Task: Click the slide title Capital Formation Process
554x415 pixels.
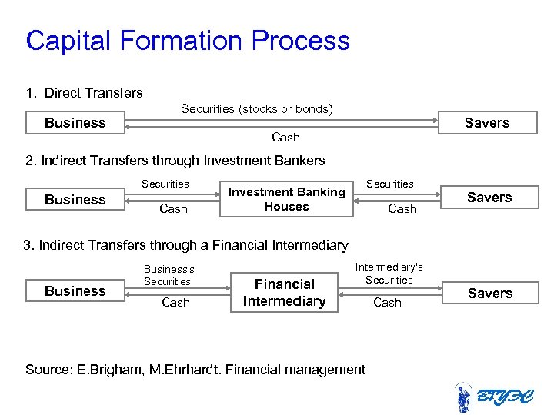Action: click(x=188, y=41)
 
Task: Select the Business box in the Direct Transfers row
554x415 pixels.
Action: click(x=75, y=123)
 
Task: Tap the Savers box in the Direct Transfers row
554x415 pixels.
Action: click(x=487, y=123)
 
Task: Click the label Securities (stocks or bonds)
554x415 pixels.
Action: click(x=257, y=109)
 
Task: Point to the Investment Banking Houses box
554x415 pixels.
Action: click(x=286, y=199)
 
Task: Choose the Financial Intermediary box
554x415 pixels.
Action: click(x=284, y=293)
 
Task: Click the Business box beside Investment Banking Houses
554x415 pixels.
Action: click(x=75, y=200)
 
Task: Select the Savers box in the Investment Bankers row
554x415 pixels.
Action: click(x=489, y=198)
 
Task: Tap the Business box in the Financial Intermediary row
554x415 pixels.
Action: click(x=75, y=291)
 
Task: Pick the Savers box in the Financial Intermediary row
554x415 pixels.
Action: click(x=490, y=294)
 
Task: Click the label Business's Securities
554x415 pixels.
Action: click(x=169, y=275)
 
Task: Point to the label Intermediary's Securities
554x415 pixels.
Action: click(x=389, y=274)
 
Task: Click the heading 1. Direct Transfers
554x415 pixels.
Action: click(x=84, y=93)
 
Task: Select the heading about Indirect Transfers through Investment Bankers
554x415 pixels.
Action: click(x=175, y=161)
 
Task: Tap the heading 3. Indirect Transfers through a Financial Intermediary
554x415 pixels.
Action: click(x=186, y=245)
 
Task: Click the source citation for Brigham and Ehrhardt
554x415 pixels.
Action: click(x=195, y=370)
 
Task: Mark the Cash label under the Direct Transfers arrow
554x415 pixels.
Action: click(x=285, y=138)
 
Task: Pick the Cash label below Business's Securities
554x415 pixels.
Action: click(x=175, y=303)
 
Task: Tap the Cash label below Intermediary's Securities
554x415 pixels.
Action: click(x=387, y=303)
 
